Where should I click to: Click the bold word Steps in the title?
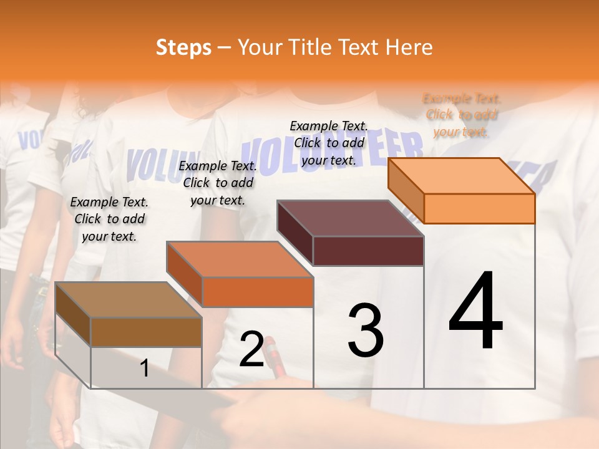[183, 47]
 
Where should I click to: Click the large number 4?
[476, 312]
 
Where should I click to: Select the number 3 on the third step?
[366, 331]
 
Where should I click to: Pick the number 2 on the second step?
[252, 349]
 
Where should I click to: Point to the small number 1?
[145, 369]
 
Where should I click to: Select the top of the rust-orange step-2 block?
[240, 259]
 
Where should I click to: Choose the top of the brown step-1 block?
[129, 300]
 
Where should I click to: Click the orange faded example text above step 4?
[462, 115]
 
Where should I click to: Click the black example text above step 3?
[329, 143]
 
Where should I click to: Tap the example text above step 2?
[218, 183]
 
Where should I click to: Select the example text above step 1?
[109, 219]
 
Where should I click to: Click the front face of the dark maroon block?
[368, 251]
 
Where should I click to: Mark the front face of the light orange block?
[479, 208]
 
